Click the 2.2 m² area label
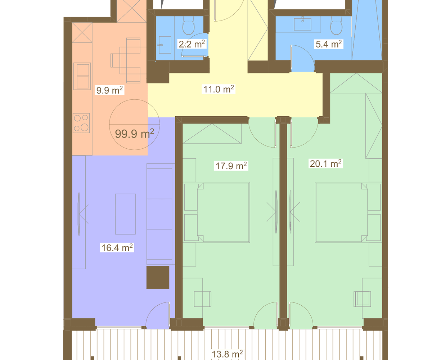(192, 44)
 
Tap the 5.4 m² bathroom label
(329, 44)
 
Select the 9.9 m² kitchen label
(109, 90)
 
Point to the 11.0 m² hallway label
(219, 89)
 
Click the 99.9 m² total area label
(135, 134)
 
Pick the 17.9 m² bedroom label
(231, 166)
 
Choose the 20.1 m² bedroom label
(326, 163)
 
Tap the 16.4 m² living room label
(117, 248)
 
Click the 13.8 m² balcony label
(227, 354)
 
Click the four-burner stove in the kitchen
(81, 123)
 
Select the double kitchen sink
(82, 76)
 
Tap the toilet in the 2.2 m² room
(188, 27)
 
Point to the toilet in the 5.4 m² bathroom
(336, 27)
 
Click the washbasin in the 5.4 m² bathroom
(302, 24)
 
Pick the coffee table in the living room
(125, 214)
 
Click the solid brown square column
(158, 277)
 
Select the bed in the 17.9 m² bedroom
(223, 212)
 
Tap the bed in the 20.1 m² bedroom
(342, 212)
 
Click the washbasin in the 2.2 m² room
(165, 45)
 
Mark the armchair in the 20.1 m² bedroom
(362, 299)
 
